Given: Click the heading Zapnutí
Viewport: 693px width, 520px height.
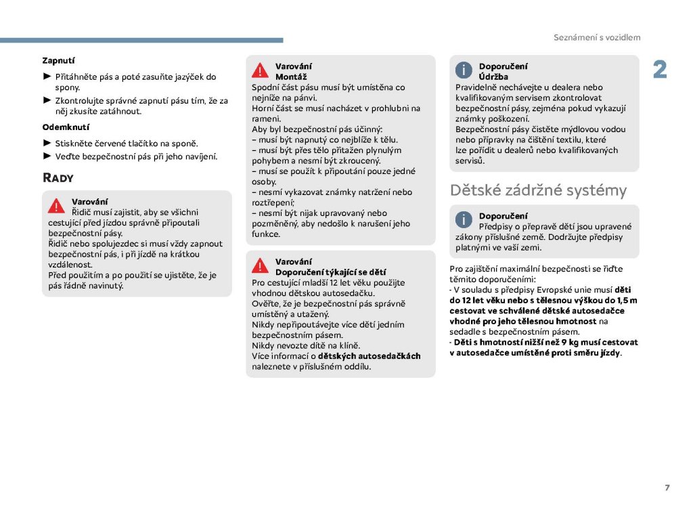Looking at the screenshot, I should coord(59,60).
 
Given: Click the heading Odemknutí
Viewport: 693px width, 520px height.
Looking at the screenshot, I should coord(66,127).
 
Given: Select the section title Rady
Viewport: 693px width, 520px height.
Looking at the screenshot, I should coord(58,178).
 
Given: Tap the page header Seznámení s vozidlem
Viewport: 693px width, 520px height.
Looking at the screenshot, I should coord(597,38).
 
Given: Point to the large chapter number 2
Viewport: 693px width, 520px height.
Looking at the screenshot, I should coord(659,70).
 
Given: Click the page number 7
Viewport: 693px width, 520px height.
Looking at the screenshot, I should coord(667,487).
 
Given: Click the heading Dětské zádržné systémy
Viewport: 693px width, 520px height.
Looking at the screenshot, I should coord(538,190).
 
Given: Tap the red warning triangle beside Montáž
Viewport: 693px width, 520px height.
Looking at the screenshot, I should coord(261,70).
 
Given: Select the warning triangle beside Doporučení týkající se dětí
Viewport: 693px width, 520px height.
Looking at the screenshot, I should coord(261,265).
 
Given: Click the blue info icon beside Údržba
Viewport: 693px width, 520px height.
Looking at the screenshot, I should coord(464,70).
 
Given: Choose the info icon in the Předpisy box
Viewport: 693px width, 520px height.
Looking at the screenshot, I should coord(464,219).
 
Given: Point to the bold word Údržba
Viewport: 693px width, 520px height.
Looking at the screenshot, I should coord(493,77).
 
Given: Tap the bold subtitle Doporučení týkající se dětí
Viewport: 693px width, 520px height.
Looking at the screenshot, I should coord(330,272).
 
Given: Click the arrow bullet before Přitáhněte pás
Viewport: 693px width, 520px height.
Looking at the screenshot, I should coord(47,77).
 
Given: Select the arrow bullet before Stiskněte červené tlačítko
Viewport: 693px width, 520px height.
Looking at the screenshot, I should coord(47,143).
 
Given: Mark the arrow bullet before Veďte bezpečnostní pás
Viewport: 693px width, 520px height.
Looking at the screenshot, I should coord(47,156).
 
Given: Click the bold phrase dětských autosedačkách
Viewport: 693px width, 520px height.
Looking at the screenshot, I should coord(370,356).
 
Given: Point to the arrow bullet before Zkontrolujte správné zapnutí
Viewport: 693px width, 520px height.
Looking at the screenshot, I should coord(47,100).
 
